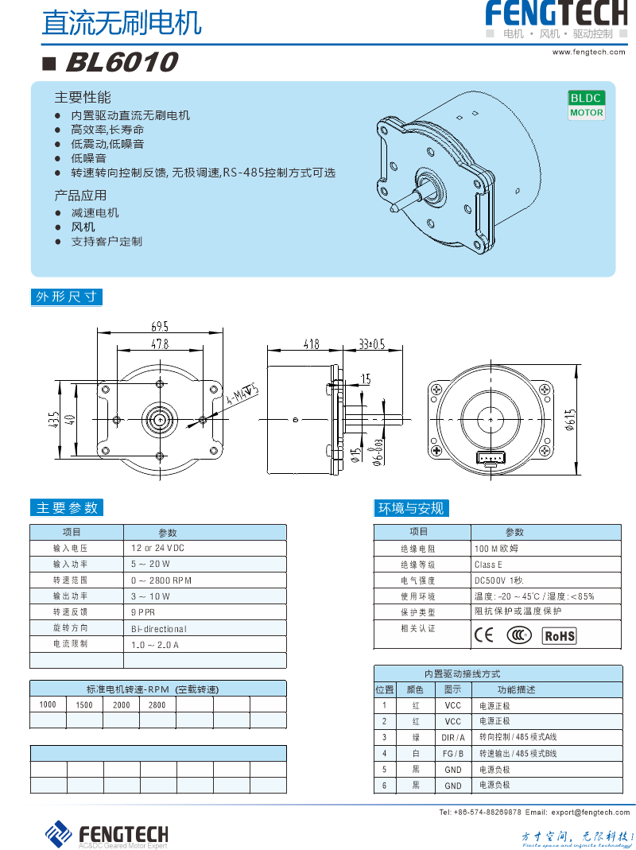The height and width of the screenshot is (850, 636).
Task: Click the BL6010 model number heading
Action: coord(121,62)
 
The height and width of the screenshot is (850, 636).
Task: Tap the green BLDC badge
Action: coord(587,98)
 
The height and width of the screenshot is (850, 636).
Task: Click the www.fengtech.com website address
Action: coord(590,52)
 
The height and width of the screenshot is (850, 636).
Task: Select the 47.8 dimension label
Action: coord(160,344)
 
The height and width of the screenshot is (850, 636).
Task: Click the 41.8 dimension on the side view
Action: coord(311,344)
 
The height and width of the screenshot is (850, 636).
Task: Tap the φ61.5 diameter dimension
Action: coord(570,419)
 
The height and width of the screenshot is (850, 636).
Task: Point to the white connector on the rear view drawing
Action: coord(489,458)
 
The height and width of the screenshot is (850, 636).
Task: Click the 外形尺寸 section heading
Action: coord(67,297)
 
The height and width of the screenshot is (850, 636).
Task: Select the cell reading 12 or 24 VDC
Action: coord(157,549)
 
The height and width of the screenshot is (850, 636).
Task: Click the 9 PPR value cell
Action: coord(143,612)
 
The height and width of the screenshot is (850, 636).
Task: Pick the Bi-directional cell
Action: coord(159,628)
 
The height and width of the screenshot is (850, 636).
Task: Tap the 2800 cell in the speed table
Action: coord(157,704)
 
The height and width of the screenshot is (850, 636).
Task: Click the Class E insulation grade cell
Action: coord(488,565)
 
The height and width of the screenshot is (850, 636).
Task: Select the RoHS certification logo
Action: coord(559,635)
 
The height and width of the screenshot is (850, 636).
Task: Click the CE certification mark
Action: coord(483,635)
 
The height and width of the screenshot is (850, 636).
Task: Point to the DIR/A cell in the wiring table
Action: coord(452,737)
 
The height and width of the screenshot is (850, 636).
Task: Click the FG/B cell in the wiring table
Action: coord(452,753)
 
